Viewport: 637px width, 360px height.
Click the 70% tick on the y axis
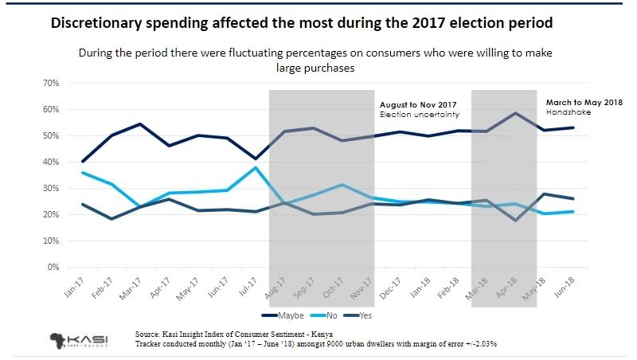50,83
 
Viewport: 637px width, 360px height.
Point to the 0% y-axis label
53,268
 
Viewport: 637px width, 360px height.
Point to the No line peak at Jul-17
254,167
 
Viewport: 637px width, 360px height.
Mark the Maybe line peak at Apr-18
516,113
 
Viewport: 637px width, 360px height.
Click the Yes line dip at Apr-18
516,220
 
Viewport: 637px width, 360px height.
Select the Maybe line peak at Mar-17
140,124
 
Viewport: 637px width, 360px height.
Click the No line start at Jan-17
83,173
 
